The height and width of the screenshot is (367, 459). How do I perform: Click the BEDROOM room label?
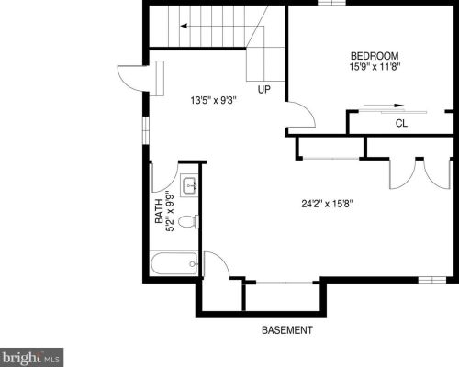[x=375, y=56]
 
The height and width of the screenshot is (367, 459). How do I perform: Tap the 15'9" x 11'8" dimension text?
[x=375, y=67]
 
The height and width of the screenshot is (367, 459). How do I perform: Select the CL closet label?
[x=401, y=123]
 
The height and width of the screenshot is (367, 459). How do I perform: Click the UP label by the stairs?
[x=264, y=90]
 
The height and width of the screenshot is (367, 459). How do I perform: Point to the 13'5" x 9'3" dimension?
[x=214, y=100]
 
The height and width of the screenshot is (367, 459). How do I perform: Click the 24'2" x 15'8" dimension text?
[x=328, y=204]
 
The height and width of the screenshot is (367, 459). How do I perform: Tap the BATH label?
[x=159, y=211]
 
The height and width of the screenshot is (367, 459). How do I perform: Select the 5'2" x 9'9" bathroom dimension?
[x=170, y=211]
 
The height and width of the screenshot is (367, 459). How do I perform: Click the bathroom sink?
[x=189, y=185]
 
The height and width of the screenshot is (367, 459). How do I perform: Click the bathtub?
[x=174, y=263]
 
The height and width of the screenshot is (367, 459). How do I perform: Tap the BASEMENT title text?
[x=287, y=330]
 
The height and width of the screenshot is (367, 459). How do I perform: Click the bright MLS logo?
[x=31, y=357]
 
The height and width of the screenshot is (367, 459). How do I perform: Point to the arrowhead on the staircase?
[x=184, y=27]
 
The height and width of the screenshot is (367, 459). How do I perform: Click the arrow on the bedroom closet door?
[x=384, y=106]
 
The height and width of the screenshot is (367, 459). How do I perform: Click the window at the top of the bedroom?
[x=331, y=3]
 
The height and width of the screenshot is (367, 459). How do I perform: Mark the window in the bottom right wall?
[x=432, y=280]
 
